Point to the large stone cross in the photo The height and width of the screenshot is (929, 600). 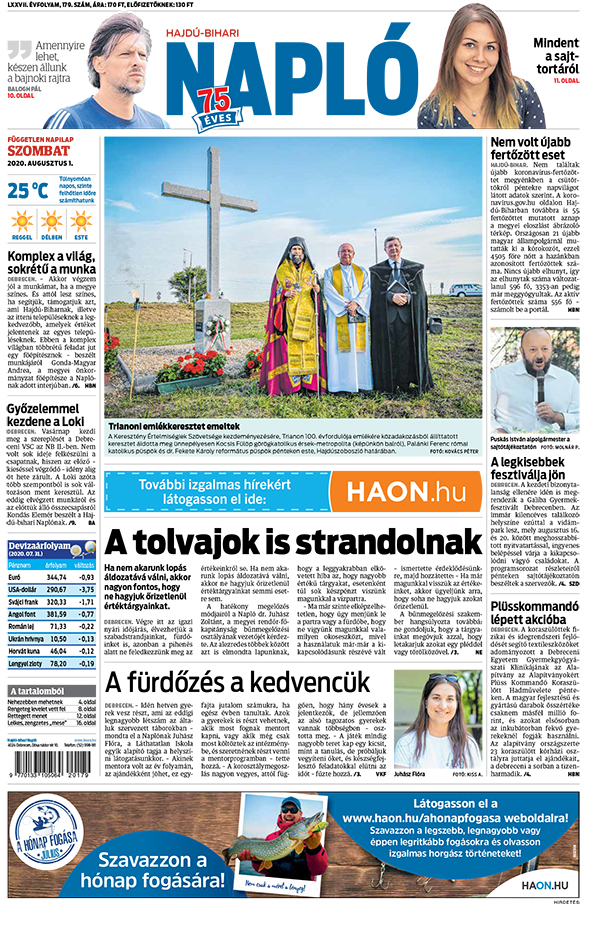212,230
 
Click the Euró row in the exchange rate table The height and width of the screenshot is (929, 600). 50,577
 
